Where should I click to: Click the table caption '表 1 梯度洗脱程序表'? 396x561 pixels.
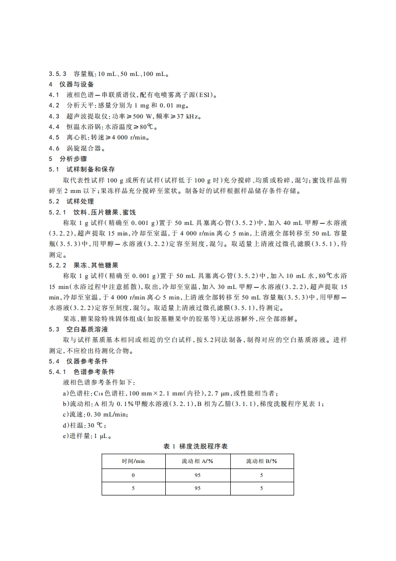coord(195,446)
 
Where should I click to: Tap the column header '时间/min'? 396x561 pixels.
coord(133,461)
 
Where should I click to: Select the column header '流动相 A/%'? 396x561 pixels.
coord(197,461)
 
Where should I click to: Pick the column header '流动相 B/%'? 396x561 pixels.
coord(261,461)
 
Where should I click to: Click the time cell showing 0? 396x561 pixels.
coord(133,475)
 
